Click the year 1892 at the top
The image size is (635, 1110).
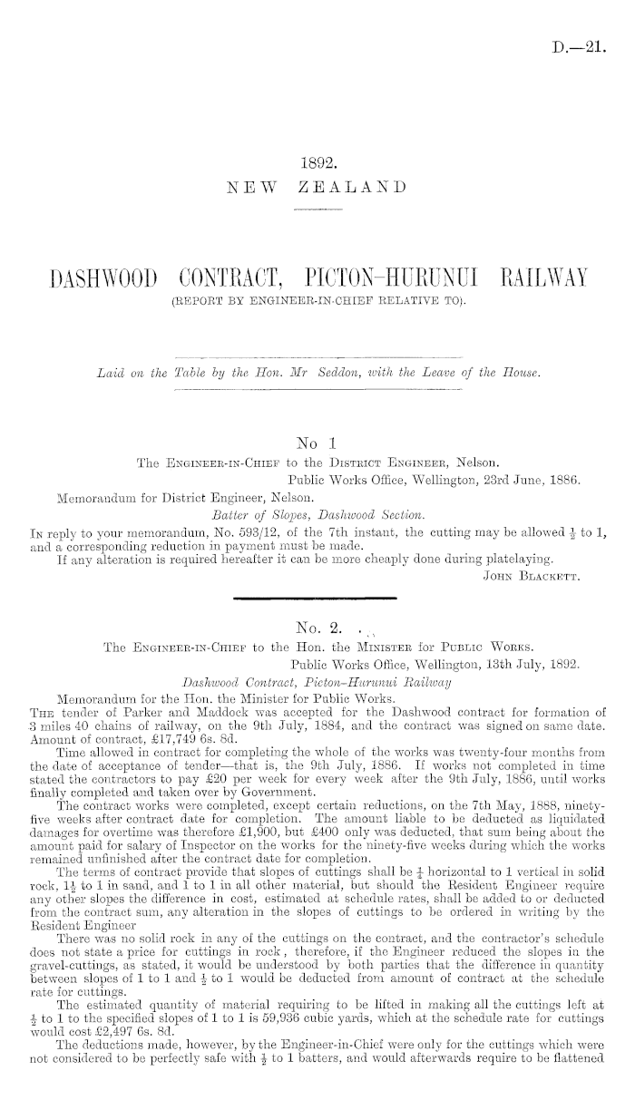[x=317, y=165]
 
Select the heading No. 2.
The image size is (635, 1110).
[x=317, y=624]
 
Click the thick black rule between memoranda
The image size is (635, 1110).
[x=317, y=599]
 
